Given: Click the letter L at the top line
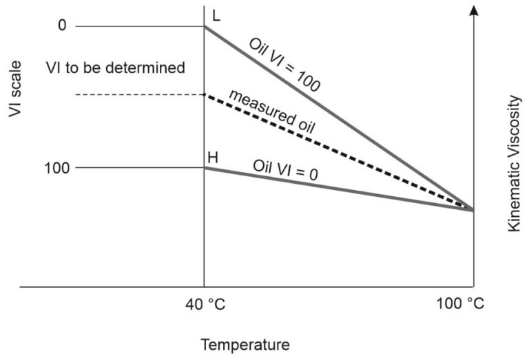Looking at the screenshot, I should [x=215, y=16].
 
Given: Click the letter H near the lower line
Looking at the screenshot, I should [x=214, y=158].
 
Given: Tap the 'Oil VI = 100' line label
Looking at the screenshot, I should [x=284, y=63].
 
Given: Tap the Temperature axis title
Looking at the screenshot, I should [x=245, y=344].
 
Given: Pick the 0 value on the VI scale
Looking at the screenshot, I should [x=61, y=26].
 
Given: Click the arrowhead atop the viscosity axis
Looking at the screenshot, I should [x=473, y=10].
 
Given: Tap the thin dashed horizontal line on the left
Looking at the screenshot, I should [x=138, y=94].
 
